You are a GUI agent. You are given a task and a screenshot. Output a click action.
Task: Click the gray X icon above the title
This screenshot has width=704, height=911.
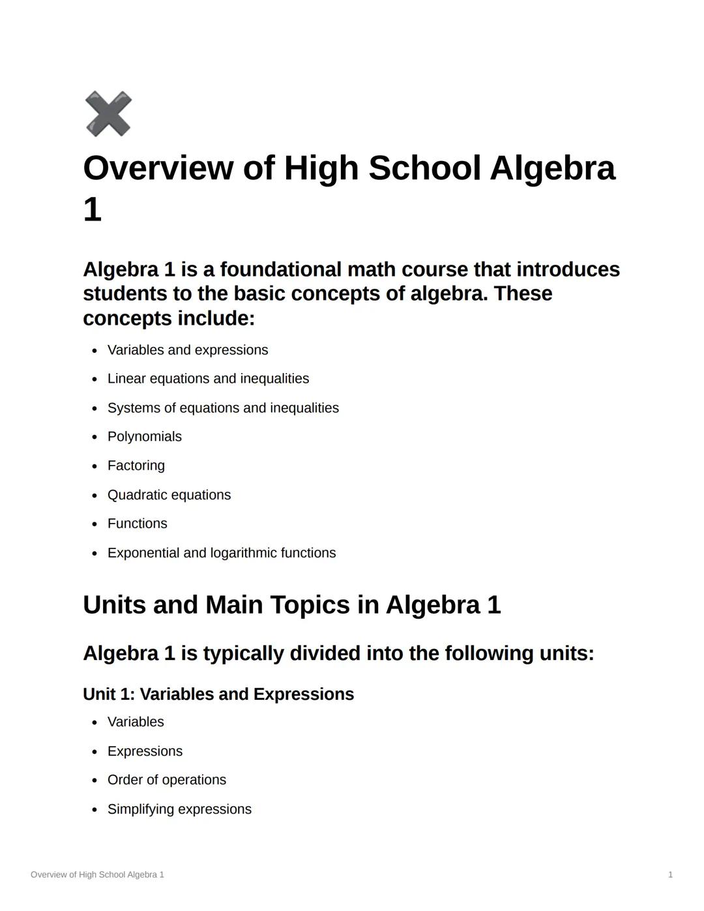point(108,114)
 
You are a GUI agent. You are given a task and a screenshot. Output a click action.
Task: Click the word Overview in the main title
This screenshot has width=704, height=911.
point(158,168)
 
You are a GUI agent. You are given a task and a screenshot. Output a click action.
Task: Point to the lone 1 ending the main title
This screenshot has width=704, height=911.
point(93,210)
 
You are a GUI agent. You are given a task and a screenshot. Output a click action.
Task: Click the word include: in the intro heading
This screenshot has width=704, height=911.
point(216,318)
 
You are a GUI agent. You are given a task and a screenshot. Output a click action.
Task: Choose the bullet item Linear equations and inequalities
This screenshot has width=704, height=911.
point(208,379)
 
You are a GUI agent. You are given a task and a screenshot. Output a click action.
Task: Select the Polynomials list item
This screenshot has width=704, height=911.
point(144,437)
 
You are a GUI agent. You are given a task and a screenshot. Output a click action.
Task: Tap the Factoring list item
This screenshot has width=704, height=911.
point(136,466)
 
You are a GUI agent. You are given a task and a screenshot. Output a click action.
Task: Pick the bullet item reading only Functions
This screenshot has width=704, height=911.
point(137,524)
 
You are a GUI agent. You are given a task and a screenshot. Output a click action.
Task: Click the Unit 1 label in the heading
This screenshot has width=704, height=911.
point(108,694)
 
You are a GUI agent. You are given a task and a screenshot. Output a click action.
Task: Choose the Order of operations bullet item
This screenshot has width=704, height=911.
point(166,780)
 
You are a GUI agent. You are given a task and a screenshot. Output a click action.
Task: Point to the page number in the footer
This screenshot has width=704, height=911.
point(670,874)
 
